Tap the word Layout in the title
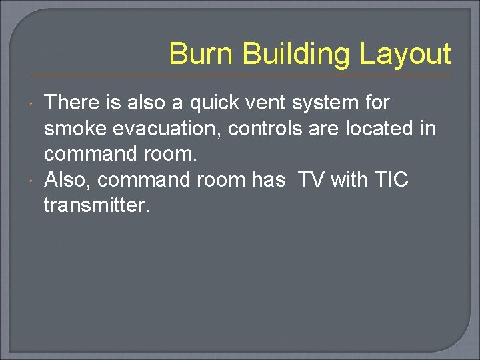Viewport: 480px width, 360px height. (405, 54)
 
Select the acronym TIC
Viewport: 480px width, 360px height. (392, 180)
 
